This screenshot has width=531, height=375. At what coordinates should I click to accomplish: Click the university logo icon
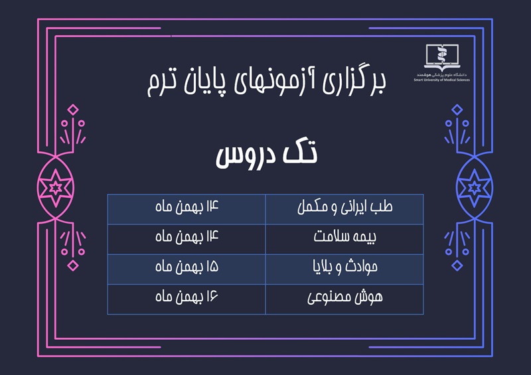pos(441,56)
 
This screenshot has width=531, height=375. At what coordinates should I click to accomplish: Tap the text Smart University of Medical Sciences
pos(441,80)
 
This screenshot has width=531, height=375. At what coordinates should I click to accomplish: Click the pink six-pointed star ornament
pos(56,187)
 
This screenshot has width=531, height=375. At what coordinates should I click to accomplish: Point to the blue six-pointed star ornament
pos(475,187)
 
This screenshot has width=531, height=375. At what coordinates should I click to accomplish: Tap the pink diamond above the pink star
pos(73,110)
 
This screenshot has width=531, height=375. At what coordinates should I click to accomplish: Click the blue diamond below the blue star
pos(457,265)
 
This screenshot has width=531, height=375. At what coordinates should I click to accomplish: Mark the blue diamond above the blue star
pos(457,110)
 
